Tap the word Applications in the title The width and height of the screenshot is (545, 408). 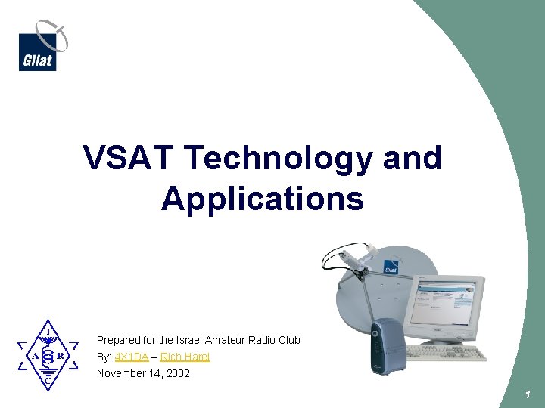point(262,199)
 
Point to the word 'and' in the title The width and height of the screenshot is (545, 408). point(412,158)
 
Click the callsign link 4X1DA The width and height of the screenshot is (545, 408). point(131,357)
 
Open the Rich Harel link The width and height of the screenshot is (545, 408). point(185,357)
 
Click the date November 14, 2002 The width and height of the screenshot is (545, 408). point(143,373)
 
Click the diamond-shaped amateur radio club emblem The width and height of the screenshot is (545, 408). point(48,355)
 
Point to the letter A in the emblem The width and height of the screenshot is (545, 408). point(35,356)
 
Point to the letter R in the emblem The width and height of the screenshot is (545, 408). point(61,356)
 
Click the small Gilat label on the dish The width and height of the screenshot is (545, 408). point(391,268)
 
